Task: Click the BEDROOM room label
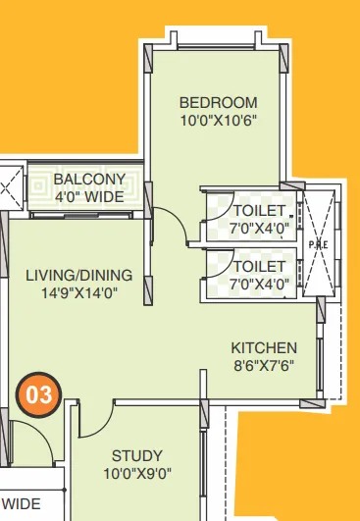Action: (x=218, y=103)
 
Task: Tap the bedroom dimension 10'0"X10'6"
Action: (x=218, y=122)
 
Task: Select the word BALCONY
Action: (x=89, y=180)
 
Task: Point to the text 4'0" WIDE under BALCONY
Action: (x=89, y=196)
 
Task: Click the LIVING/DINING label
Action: (x=77, y=276)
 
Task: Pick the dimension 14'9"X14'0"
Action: (x=77, y=292)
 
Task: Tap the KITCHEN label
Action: (x=264, y=348)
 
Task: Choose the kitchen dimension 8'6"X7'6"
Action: (x=264, y=366)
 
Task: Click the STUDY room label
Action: (x=137, y=456)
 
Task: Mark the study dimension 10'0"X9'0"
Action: (x=137, y=474)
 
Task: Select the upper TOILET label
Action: (x=260, y=211)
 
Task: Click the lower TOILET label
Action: (x=260, y=266)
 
